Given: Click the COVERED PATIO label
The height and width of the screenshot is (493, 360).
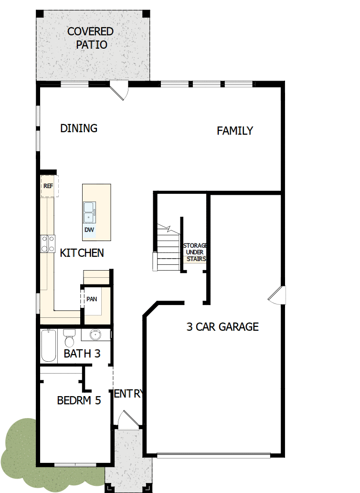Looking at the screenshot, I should click(x=90, y=38).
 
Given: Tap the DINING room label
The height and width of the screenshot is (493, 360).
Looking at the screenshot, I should click(x=79, y=128).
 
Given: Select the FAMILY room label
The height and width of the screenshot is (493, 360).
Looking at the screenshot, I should click(x=235, y=131).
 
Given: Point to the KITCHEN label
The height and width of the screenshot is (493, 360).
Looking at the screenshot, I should click(x=82, y=253).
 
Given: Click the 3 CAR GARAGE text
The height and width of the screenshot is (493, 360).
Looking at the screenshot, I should click(x=222, y=327).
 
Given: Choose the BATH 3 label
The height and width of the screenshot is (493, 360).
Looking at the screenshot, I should click(x=82, y=354).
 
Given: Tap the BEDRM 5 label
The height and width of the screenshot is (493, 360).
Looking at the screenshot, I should click(x=79, y=400).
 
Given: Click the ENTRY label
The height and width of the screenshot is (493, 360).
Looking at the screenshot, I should click(x=128, y=394).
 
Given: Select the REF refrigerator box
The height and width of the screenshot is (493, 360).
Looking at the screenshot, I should click(x=48, y=186).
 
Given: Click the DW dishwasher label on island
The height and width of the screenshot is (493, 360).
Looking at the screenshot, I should click(x=89, y=230).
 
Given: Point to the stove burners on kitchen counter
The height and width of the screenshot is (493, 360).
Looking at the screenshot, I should click(x=47, y=244).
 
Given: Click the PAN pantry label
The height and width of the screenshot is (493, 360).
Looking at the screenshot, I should click(x=92, y=299).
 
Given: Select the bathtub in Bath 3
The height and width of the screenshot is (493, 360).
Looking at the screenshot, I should click(x=48, y=346).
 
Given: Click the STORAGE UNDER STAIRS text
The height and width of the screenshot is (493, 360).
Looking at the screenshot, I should click(x=195, y=252).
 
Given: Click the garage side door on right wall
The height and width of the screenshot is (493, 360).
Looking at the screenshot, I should click(x=278, y=295).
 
